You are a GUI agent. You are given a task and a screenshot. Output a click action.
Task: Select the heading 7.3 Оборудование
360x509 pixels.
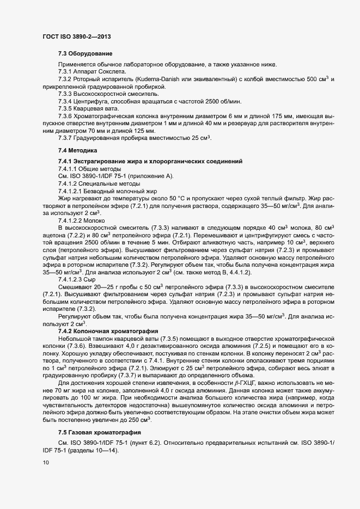click(85, 53)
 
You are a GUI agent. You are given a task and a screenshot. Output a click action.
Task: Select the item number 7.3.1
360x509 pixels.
click(66, 72)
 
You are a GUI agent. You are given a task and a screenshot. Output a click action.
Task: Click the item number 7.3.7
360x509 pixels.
click(66, 139)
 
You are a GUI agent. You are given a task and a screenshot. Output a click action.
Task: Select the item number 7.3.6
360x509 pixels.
click(66, 116)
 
